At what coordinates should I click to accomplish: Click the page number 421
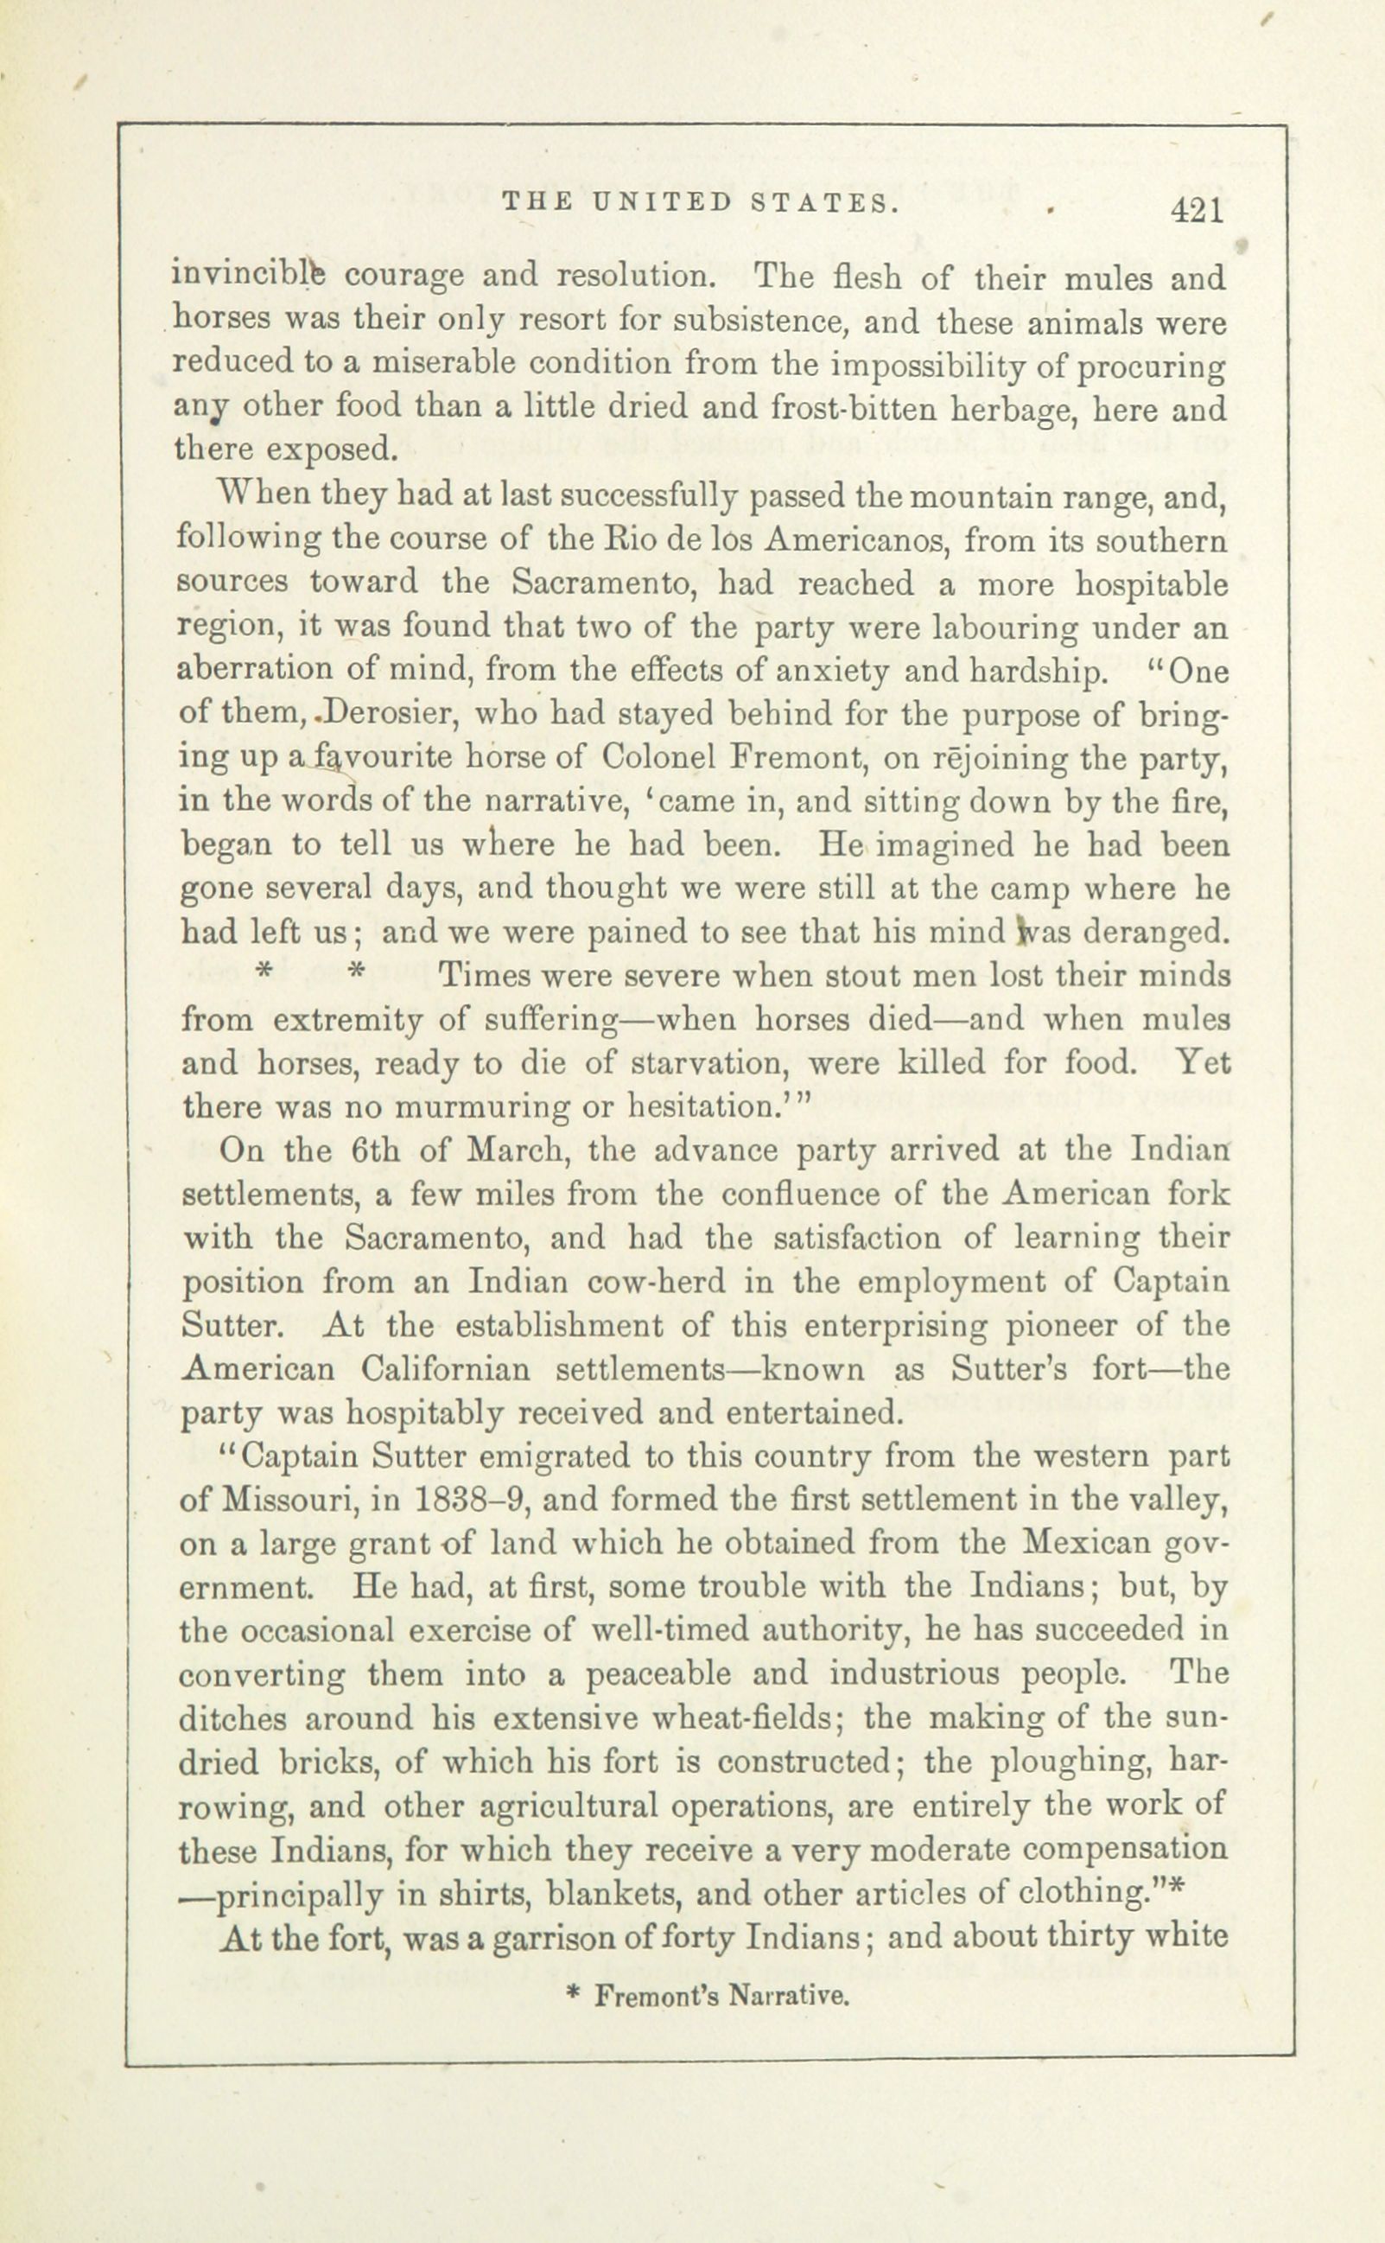click(1197, 212)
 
